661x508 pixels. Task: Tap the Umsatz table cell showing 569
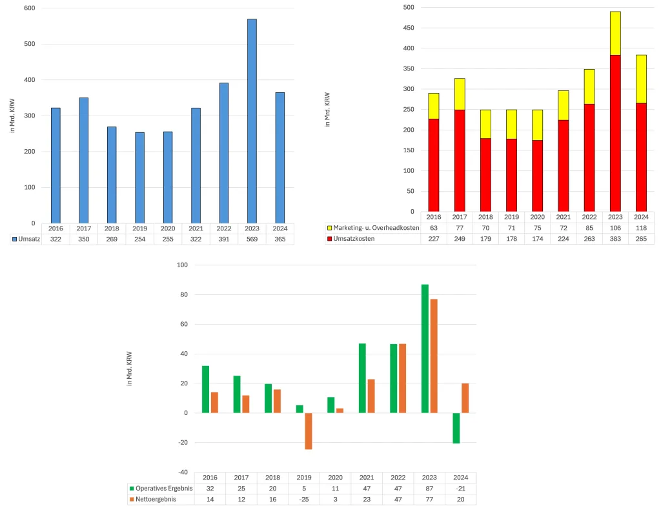(x=252, y=239)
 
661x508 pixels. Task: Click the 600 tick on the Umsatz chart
(x=29, y=8)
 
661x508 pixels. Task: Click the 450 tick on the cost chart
(x=407, y=28)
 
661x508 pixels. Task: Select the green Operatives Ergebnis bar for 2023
(x=425, y=349)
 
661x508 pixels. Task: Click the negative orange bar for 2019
(x=308, y=431)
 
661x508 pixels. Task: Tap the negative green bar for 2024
(x=456, y=428)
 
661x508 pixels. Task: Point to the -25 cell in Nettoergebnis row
(x=304, y=499)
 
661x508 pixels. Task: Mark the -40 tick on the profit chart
(x=183, y=472)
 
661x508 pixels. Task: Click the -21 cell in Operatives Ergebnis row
(x=461, y=488)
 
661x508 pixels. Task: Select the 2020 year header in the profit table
(x=336, y=477)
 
